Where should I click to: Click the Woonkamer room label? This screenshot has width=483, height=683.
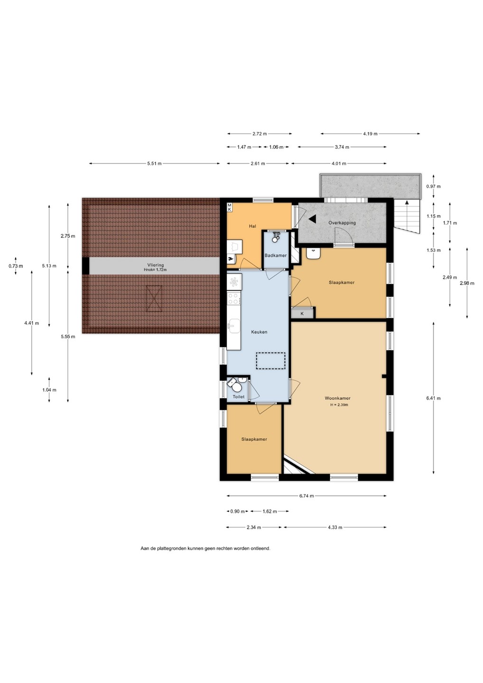pyautogui.click(x=337, y=398)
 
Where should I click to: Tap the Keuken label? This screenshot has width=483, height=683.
pyautogui.click(x=259, y=332)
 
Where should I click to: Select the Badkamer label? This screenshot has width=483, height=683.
pyautogui.click(x=275, y=255)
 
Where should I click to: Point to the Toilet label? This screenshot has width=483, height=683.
pyautogui.click(x=239, y=397)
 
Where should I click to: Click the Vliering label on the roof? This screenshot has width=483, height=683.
pyautogui.click(x=155, y=265)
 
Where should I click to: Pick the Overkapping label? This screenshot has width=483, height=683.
pyautogui.click(x=342, y=222)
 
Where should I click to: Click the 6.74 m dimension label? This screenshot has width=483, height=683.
pyautogui.click(x=307, y=496)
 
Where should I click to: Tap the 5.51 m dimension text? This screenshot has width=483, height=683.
pyautogui.click(x=154, y=164)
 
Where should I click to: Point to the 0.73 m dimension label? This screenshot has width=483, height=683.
pyautogui.click(x=16, y=266)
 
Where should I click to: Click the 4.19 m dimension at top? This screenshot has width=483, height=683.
pyautogui.click(x=370, y=134)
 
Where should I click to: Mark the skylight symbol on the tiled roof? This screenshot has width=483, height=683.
pyautogui.click(x=154, y=298)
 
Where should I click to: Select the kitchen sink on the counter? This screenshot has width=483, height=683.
pyautogui.click(x=234, y=326)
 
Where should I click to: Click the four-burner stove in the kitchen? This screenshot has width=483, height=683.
pyautogui.click(x=234, y=298)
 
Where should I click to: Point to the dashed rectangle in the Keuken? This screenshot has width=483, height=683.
pyautogui.click(x=270, y=360)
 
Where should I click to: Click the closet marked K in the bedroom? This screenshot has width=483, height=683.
pyautogui.click(x=302, y=314)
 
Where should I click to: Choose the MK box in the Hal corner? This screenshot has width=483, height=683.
pyautogui.click(x=229, y=207)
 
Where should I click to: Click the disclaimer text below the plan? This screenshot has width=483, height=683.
pyautogui.click(x=205, y=548)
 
